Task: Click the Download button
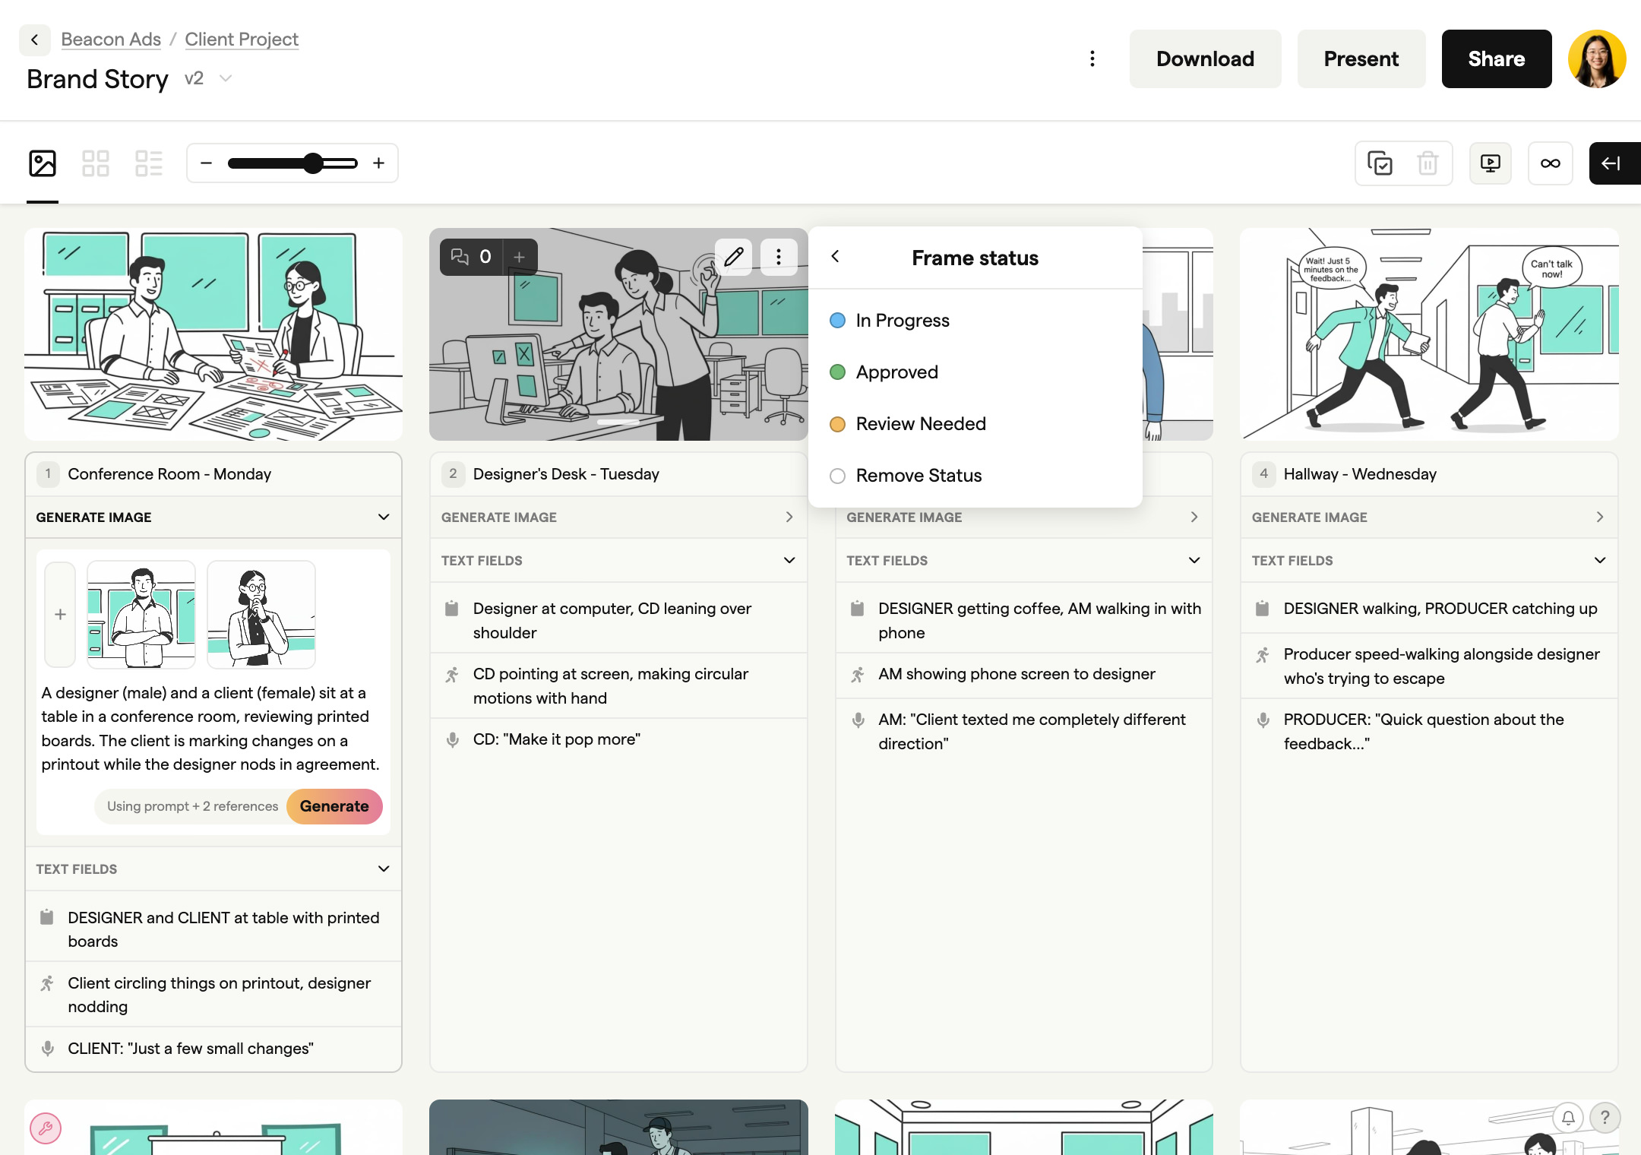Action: coord(1205,59)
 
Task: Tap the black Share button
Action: coord(1496,59)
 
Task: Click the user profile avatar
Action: coord(1596,59)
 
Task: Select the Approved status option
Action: coord(896,372)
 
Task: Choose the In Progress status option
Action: coord(902,321)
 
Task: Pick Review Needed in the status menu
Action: coord(920,424)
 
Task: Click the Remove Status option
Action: coord(918,476)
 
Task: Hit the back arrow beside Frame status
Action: coord(835,257)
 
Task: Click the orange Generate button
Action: coord(334,806)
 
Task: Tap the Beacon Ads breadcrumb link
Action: coord(111,39)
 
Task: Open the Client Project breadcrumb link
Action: coord(242,39)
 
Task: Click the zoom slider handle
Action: coord(313,163)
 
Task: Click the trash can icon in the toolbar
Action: coord(1428,163)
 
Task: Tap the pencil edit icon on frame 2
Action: coord(733,257)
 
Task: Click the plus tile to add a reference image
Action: coord(60,615)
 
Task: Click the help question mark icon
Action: coord(1605,1118)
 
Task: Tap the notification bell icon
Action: coord(1568,1118)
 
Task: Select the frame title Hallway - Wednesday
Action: coord(1360,474)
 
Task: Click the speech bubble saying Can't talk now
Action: coord(1551,268)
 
